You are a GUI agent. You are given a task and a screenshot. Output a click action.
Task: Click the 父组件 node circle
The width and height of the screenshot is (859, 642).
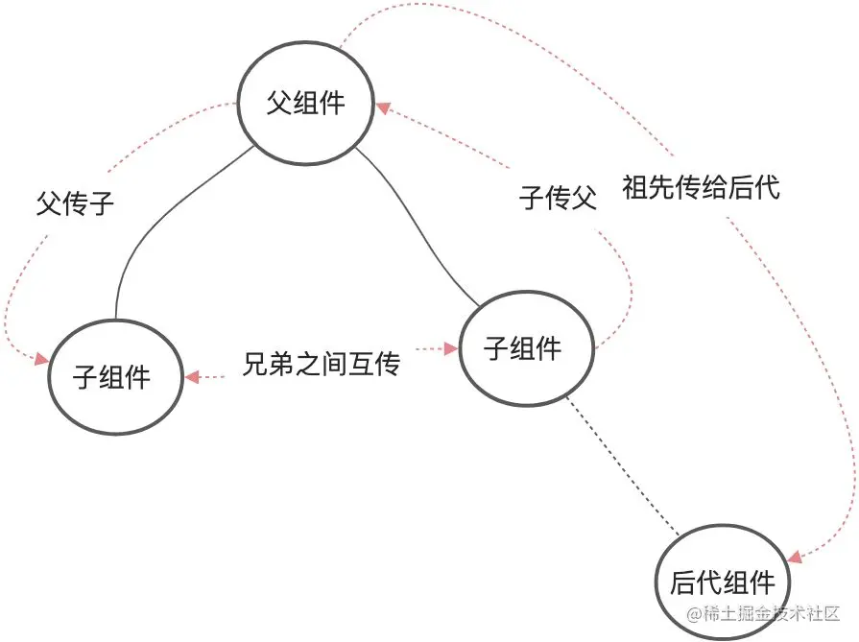(305, 103)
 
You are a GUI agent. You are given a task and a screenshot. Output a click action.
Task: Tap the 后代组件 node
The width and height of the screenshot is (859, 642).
(723, 582)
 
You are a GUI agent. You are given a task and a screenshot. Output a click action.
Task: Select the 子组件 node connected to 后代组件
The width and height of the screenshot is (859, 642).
(523, 347)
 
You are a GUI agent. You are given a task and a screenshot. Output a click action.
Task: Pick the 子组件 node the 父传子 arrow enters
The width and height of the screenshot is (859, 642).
(111, 375)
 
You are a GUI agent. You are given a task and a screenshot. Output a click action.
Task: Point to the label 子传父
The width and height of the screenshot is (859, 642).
(558, 199)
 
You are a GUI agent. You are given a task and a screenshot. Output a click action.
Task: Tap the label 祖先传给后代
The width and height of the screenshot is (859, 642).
(701, 186)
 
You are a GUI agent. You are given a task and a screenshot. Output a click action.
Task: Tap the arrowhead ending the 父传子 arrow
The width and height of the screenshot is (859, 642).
(42, 360)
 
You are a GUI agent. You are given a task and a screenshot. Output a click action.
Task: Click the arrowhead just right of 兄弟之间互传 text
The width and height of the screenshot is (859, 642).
(450, 349)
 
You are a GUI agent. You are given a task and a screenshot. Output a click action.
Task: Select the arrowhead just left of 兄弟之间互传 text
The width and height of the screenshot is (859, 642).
(192, 377)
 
